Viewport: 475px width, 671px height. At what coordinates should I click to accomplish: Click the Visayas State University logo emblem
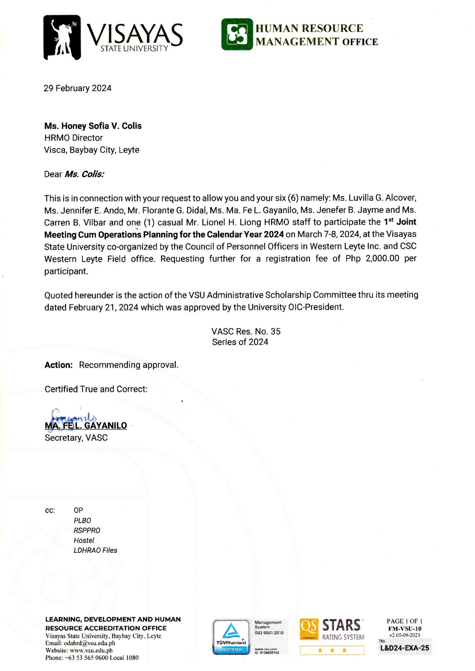coord(62,37)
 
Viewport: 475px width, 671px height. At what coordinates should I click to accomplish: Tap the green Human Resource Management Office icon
coord(237,34)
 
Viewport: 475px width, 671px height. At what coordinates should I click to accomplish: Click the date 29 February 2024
coord(78,88)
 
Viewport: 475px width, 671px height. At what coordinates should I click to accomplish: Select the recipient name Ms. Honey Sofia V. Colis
coord(93,126)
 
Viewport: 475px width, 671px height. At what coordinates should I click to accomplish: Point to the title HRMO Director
coord(73,138)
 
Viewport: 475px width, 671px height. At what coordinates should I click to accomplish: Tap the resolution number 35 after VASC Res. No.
coord(276,332)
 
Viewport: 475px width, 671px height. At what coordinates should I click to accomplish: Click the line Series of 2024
coord(240,342)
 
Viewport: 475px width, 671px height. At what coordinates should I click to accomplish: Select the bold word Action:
coord(59,365)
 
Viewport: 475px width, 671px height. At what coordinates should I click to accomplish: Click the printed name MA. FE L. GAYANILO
coord(86,426)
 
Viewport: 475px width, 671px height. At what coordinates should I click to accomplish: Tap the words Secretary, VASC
coord(76,438)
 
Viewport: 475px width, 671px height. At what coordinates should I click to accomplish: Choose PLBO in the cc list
coord(82,521)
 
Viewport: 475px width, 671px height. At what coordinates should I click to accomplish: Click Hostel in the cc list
coord(84,541)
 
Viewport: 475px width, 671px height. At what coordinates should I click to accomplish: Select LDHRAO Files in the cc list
coord(95,550)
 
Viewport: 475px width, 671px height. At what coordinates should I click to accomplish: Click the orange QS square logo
coord(309,629)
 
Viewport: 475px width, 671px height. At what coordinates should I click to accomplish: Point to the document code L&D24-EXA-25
coord(405,648)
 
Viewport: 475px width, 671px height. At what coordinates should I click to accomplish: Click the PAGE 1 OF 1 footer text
coord(405,621)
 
